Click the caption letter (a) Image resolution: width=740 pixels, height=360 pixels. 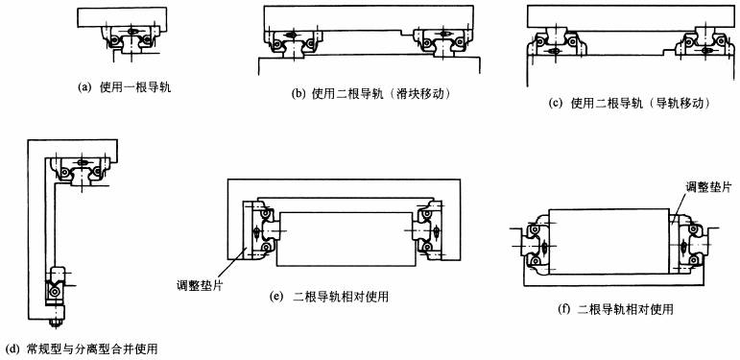(x=84, y=87)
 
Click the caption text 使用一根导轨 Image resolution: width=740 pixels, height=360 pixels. (x=135, y=87)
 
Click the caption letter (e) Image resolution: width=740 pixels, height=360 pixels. (x=275, y=297)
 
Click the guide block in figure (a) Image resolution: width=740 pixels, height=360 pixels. (x=131, y=40)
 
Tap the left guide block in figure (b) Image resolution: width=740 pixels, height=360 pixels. (x=292, y=43)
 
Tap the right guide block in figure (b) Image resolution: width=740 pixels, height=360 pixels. (x=442, y=43)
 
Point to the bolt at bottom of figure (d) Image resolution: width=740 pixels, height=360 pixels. (x=55, y=323)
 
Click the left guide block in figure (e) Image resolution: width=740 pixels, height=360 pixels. (x=258, y=230)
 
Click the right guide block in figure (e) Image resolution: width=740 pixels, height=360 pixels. (x=428, y=230)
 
